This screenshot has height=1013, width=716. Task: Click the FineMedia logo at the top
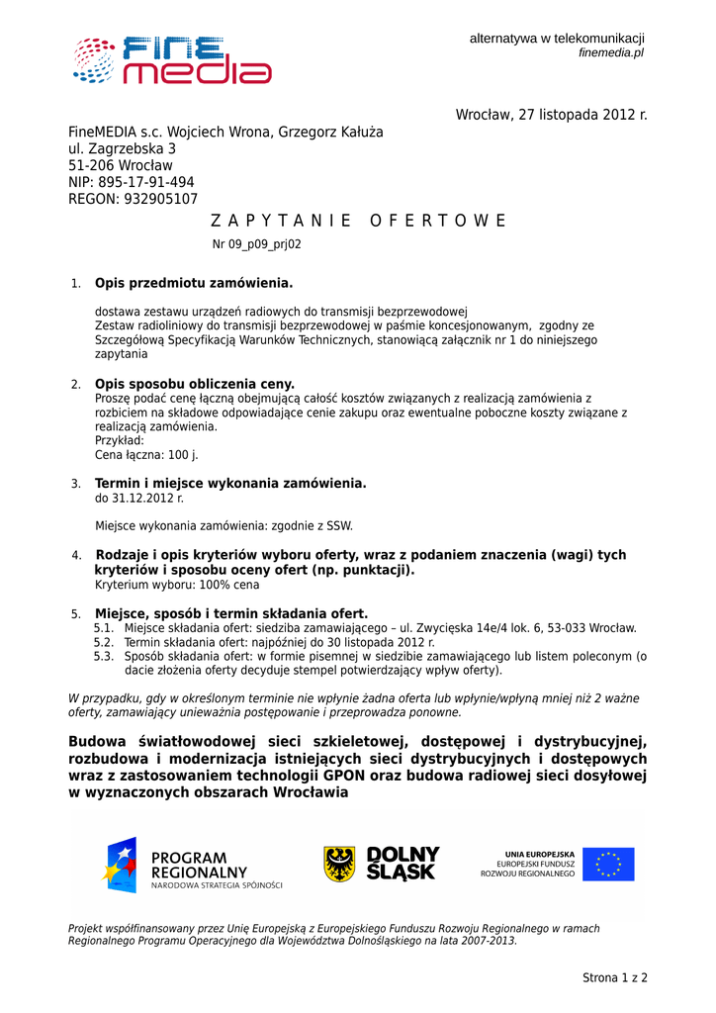pos(171,59)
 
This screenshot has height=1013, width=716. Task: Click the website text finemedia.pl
pos(611,52)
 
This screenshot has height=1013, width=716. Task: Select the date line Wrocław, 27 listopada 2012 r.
pos(551,115)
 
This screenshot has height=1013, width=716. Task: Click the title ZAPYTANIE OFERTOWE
pos(359,221)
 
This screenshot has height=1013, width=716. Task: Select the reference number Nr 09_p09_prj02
pos(257,244)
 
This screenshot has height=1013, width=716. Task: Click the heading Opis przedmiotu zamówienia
pos(194,284)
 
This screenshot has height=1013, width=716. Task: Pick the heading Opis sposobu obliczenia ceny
pos(195,384)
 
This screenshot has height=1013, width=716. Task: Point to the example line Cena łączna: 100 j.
pos(146,455)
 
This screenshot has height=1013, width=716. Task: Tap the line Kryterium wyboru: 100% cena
pos(177,585)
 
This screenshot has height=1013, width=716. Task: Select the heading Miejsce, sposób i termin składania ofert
pos(231,613)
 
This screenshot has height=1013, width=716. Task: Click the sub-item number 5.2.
pos(104,642)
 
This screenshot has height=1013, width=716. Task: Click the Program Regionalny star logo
pos(120,864)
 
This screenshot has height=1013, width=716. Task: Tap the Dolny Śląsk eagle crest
pos(339,864)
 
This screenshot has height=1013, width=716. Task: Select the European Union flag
pos(608,864)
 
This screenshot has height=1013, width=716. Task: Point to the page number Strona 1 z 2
pos(614,978)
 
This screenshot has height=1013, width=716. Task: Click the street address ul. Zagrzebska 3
pos(122,148)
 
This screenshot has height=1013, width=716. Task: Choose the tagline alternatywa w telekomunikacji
pos(557,38)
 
